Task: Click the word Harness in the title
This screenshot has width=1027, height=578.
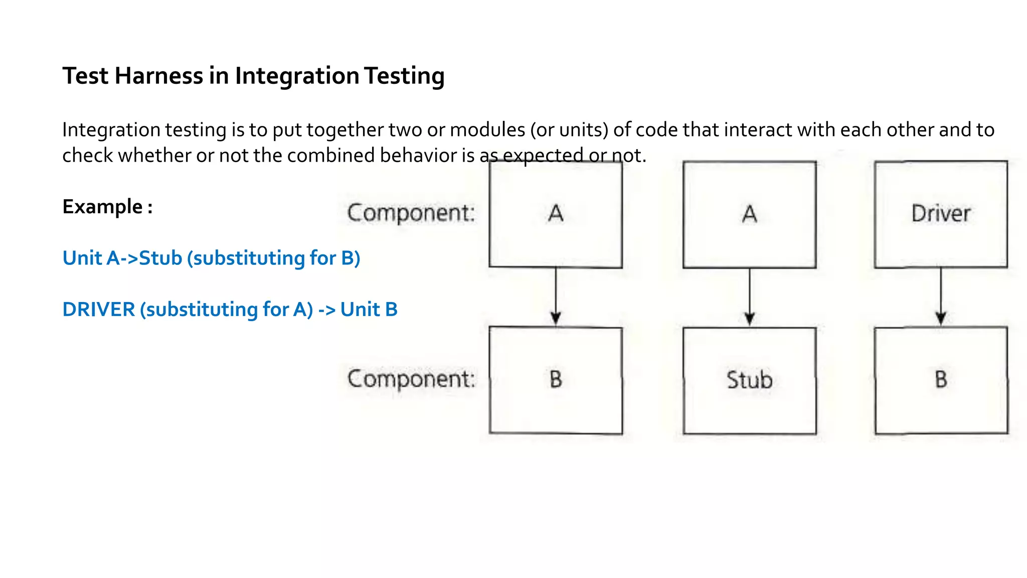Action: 158,76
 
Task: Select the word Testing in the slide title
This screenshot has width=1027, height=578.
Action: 404,76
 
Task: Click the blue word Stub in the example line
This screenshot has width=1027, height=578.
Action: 160,258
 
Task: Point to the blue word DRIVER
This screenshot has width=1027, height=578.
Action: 99,310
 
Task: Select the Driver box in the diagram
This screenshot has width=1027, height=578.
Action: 941,214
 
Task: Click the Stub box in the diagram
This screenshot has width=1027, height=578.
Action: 749,380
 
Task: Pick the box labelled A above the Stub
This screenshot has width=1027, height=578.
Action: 749,214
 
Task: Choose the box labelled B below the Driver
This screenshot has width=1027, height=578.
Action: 941,380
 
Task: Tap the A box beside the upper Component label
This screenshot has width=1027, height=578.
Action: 556,214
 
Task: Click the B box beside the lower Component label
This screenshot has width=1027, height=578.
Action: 556,380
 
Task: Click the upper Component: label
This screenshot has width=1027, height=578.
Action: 411,213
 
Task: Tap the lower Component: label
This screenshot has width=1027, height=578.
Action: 411,379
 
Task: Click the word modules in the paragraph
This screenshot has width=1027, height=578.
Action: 487,130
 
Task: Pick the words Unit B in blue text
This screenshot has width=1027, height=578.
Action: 369,310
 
